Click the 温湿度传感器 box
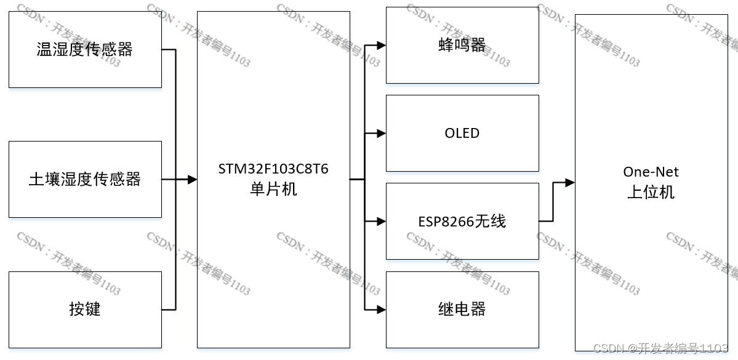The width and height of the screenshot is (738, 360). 85,49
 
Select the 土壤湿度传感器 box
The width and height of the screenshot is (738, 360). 85,179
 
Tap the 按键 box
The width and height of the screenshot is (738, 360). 85,309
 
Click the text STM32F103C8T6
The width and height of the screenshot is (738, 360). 273,169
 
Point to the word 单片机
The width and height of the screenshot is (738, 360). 273,189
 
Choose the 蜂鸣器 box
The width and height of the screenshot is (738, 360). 462,45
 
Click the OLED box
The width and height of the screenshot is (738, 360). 462,133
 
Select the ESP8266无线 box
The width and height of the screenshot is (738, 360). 462,221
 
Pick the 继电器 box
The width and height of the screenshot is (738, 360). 462,309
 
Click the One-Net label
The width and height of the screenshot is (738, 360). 651,172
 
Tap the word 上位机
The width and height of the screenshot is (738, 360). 651,192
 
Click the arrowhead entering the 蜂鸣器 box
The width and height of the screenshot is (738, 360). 382,45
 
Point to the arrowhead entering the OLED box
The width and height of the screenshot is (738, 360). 382,133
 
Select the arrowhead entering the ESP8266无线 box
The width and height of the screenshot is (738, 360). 382,221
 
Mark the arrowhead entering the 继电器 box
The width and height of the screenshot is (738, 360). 382,309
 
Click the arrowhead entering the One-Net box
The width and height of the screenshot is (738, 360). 570,183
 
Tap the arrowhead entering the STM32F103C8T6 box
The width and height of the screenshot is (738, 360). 192,179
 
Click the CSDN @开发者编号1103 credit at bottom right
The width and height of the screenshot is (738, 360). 661,348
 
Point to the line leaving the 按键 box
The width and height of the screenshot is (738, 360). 169,309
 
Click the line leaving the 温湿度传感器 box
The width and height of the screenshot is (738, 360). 169,49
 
